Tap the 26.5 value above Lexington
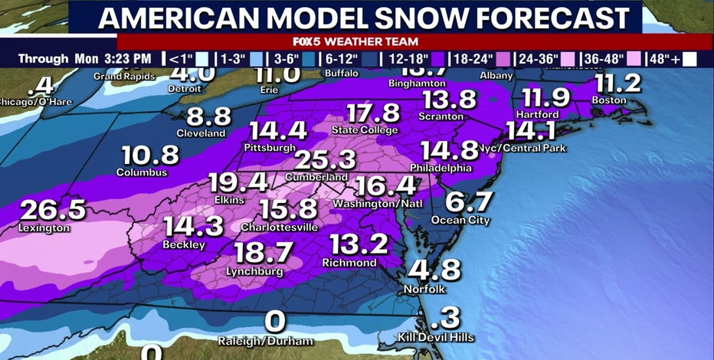(52, 211)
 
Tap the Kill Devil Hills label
(436, 337)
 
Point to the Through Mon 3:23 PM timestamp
(84, 58)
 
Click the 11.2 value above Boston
(617, 83)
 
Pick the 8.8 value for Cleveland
(208, 116)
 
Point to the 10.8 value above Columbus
(149, 155)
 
